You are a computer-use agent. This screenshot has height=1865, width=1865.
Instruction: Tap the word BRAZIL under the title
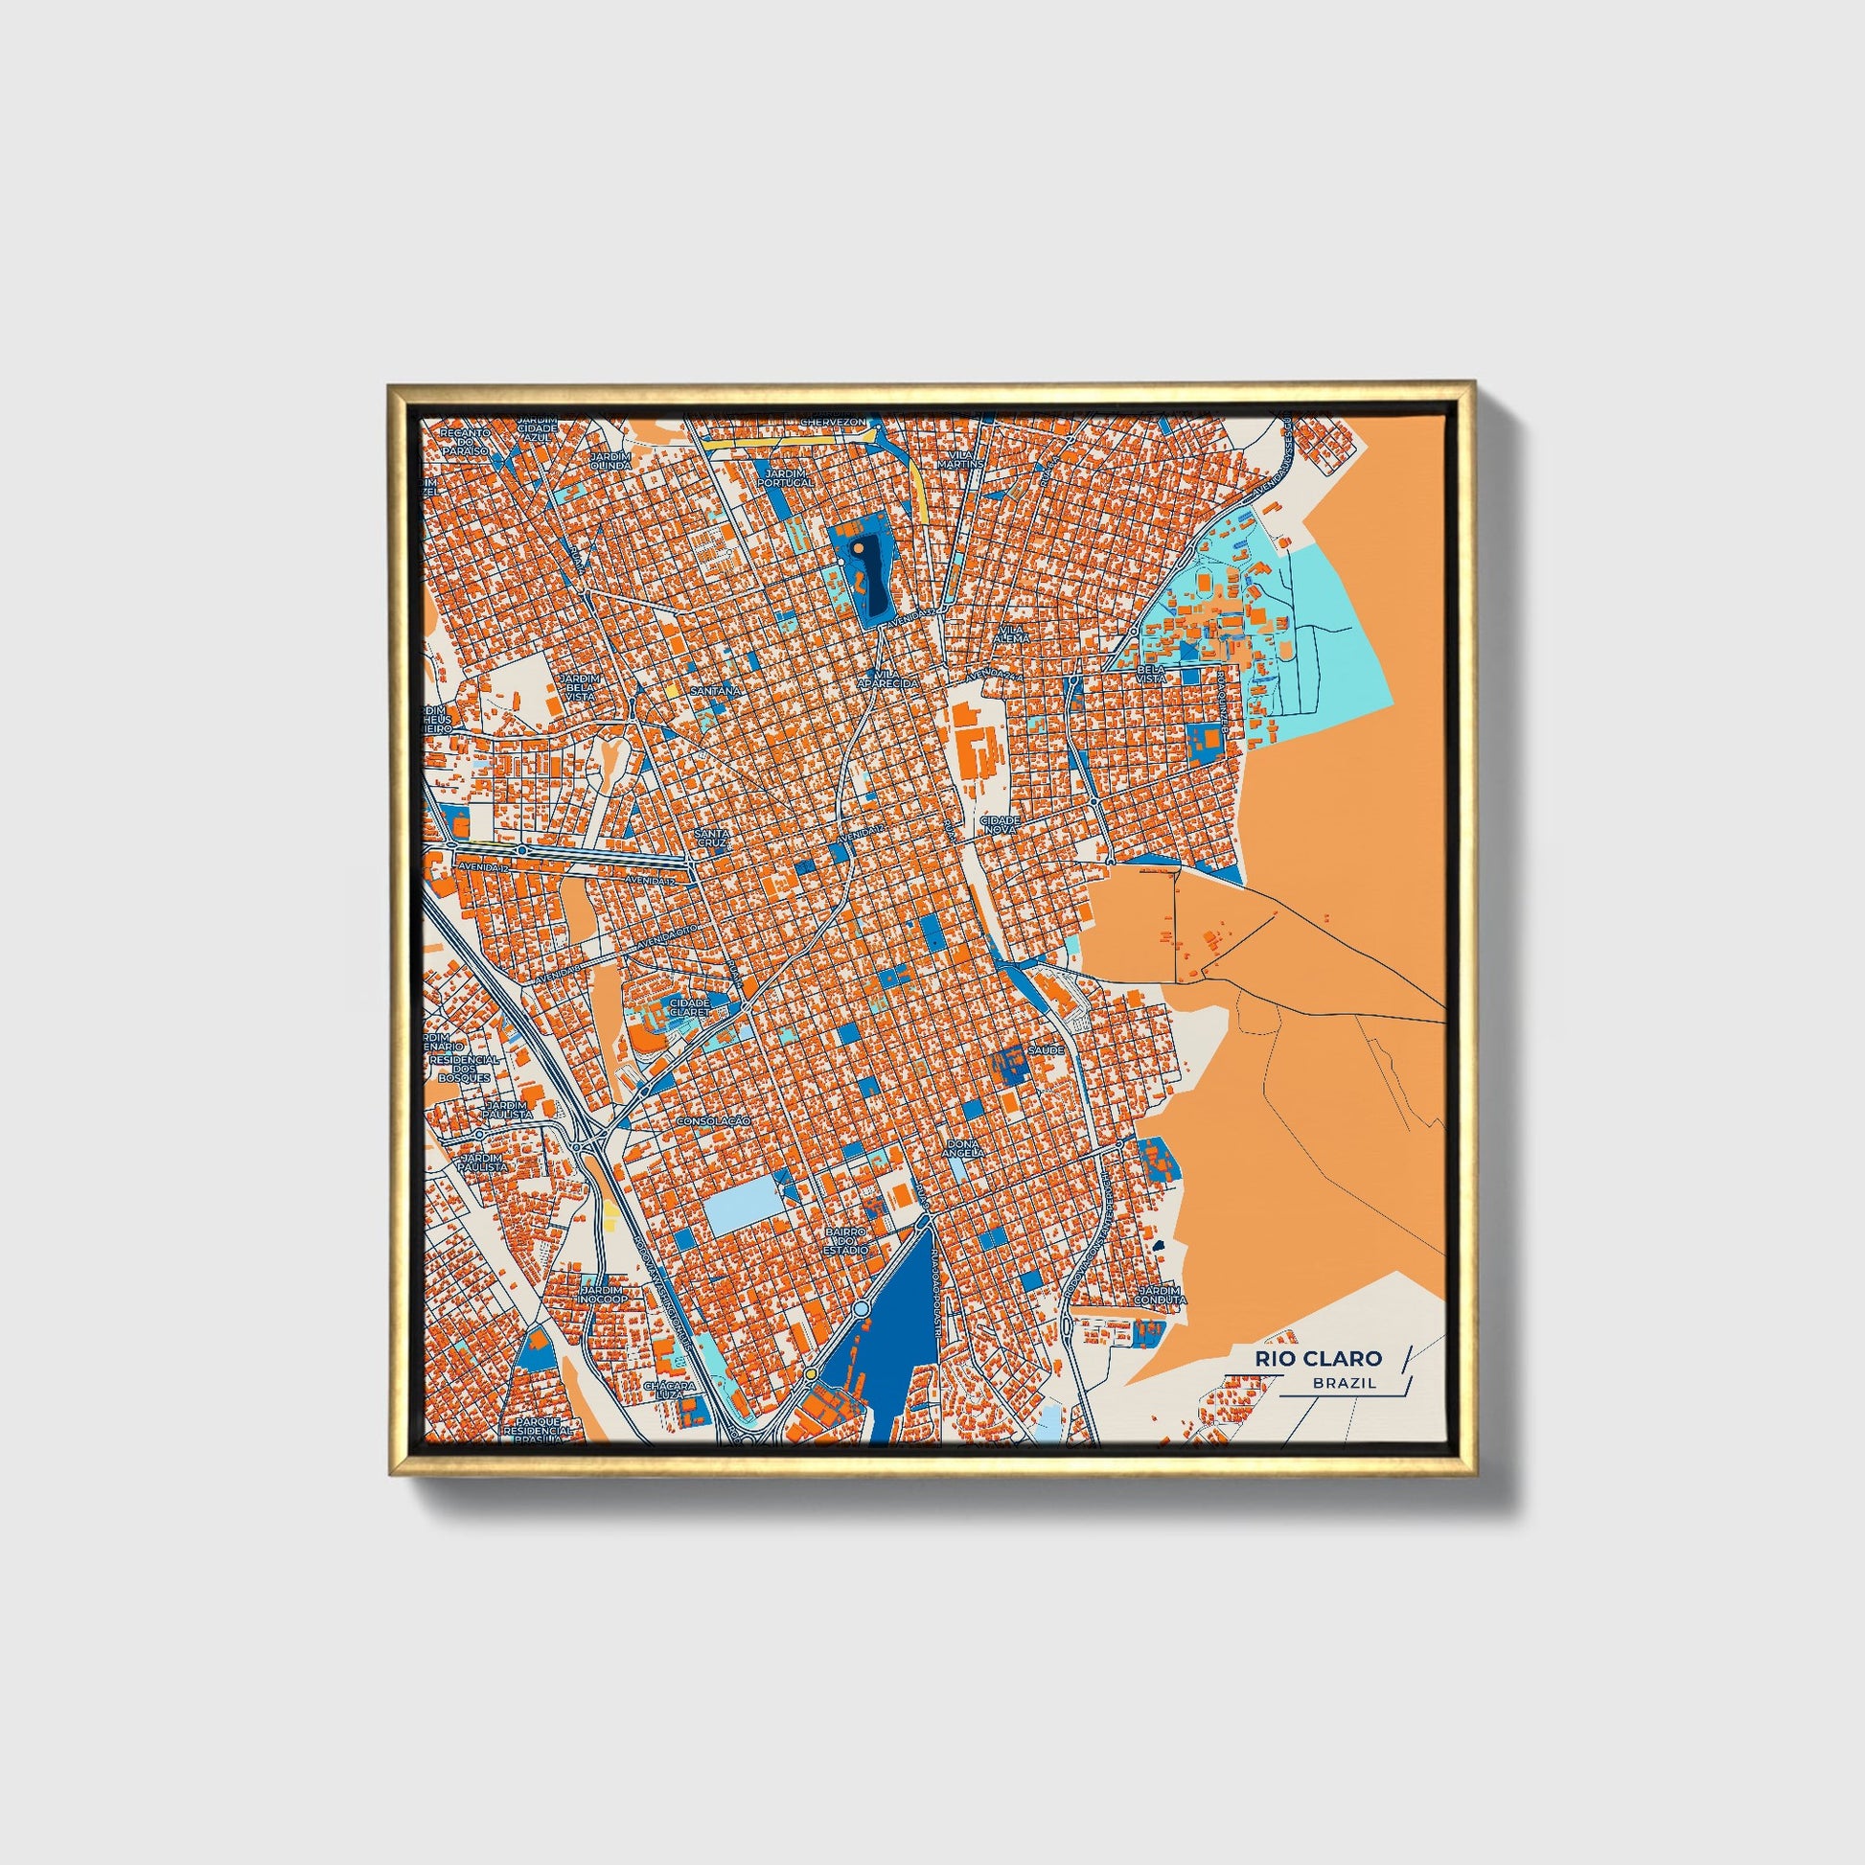coord(1344,1383)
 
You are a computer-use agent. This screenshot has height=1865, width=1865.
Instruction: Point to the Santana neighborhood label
coord(715,691)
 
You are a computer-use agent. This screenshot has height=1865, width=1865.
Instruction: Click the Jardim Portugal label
coord(790,476)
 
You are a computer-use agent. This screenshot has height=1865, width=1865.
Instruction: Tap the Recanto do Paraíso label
coord(465,440)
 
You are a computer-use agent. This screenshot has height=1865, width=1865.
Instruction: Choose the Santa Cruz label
coord(716,837)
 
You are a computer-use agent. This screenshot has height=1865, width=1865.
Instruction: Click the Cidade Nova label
coord(999,823)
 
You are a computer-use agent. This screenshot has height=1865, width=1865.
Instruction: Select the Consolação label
coord(714,1120)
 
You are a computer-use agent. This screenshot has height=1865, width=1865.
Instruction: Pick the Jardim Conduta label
coord(1161,1296)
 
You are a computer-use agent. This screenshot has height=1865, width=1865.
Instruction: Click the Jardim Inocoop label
coord(604,1294)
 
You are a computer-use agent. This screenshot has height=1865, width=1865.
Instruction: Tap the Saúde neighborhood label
coord(1047,1048)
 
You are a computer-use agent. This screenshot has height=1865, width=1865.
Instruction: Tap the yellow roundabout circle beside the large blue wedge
coord(811,1373)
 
